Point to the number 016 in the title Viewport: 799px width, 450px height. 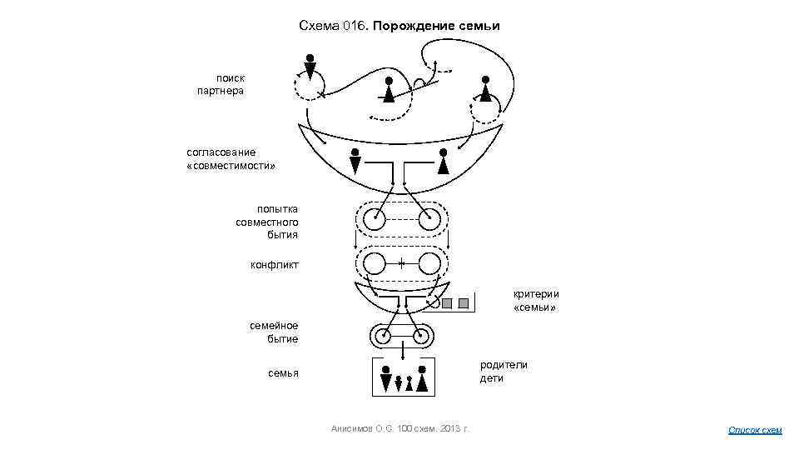point(353,26)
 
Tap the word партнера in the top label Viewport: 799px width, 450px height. point(221,90)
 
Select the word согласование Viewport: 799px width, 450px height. point(221,152)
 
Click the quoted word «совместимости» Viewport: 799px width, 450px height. point(231,165)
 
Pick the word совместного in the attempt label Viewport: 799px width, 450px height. point(266,222)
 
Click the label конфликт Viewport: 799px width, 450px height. point(275,265)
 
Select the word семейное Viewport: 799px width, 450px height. point(274,326)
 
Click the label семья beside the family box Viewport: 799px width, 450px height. point(282,372)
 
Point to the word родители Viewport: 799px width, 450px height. point(503,364)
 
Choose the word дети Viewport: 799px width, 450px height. point(491,378)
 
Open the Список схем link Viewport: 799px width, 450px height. point(755,430)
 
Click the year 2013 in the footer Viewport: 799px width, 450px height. point(445,428)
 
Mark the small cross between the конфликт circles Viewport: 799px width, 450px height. point(401,263)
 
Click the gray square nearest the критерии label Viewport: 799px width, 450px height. point(464,302)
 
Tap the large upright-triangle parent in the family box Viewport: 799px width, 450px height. point(422,380)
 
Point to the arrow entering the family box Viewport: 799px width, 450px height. point(402,353)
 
